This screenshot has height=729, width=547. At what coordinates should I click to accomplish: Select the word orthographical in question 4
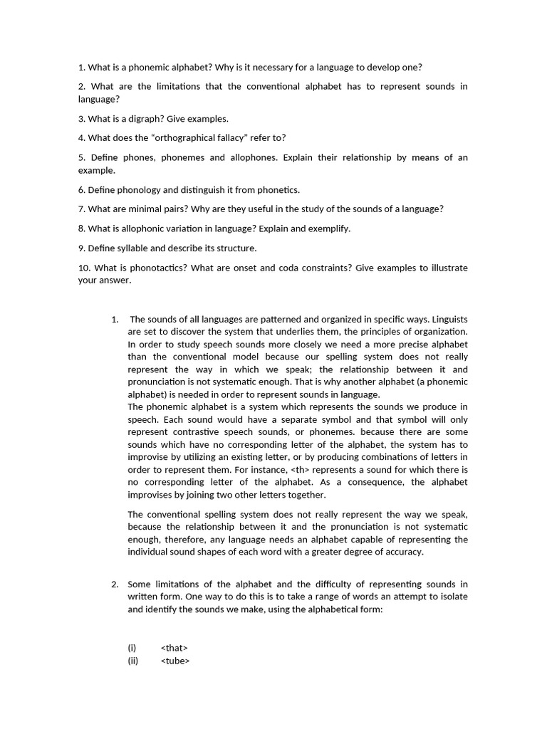[184, 138]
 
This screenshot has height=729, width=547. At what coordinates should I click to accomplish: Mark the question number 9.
[82, 248]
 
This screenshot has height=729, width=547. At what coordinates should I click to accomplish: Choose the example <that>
[174, 648]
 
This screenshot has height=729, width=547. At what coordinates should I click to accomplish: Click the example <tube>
[175, 661]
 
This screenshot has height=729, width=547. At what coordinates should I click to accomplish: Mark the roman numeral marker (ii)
[132, 661]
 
